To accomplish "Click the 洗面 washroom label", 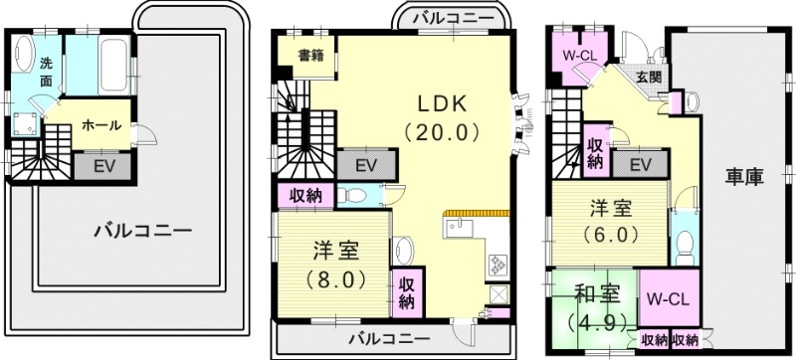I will pos(46,73).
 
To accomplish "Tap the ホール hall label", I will pos(101,125).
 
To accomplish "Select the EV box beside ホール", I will pos(102,166).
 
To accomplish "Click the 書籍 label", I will pos(310,56).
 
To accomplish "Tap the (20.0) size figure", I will pos(443,131).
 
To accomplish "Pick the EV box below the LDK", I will pos(366,163).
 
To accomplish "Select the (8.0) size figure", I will pos(333,279).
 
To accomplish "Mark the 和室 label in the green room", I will pos(597,295).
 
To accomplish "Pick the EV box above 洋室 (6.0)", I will pos(639,163).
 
